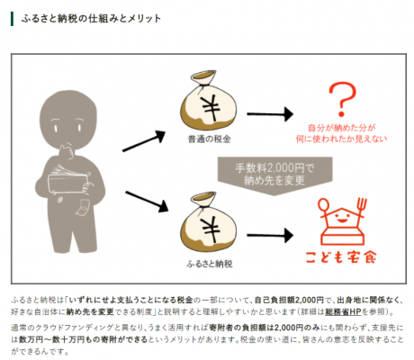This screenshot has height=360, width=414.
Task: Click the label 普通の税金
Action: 210,139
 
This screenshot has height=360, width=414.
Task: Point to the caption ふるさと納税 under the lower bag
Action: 210,264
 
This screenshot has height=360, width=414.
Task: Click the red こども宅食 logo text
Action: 341,257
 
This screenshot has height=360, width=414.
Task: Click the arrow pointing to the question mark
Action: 270,114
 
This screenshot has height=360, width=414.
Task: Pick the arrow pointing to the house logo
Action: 270,235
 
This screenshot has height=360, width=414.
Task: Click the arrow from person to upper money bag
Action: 144,141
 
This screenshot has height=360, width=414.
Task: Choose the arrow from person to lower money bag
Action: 147,202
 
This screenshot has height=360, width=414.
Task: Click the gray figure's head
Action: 68,119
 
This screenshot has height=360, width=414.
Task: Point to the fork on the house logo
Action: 361,209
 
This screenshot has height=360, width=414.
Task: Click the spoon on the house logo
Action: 323,209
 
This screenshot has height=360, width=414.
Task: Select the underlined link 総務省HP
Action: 343,311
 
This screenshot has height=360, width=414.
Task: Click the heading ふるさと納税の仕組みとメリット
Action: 91,19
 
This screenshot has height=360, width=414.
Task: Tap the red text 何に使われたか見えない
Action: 341,139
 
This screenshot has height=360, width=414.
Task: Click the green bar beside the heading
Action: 12,19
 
